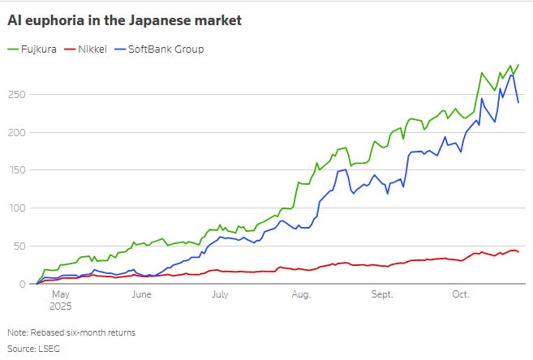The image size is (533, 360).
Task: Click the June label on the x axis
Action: coord(141,295)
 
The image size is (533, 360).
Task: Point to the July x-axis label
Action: coord(219,295)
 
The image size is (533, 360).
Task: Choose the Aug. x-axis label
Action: coord(300,295)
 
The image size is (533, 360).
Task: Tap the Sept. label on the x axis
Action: coord(381,295)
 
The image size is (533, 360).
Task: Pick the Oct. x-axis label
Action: coord(459,295)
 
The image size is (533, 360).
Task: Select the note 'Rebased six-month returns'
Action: coord(81,333)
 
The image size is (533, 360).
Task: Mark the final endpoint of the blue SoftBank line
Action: coord(518,102)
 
